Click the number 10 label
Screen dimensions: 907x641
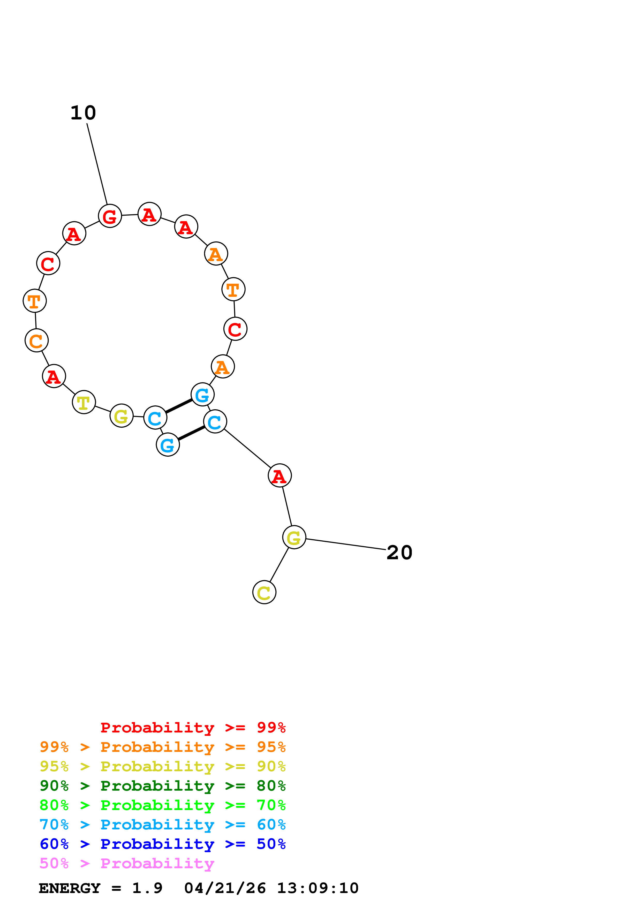(x=83, y=113)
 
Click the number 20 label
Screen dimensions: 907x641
(x=399, y=553)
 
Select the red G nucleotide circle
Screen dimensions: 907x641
(x=110, y=216)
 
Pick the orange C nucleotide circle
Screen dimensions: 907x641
(x=36, y=341)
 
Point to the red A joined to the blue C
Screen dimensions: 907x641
(x=280, y=476)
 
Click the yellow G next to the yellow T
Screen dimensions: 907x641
(x=121, y=415)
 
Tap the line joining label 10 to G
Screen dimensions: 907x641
(x=97, y=164)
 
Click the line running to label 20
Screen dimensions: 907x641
(x=345, y=544)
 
